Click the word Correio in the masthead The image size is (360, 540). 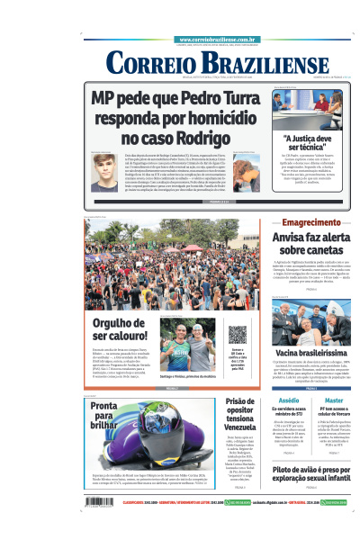(x=148, y=63)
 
